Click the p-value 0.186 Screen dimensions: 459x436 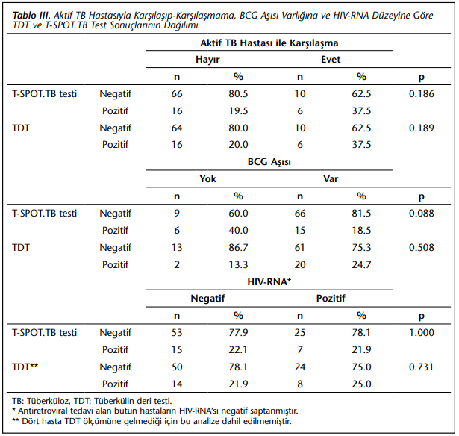click(421, 94)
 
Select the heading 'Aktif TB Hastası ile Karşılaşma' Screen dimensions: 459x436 click(269, 43)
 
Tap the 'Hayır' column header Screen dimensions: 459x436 click(207, 60)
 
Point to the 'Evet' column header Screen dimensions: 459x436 click(331, 60)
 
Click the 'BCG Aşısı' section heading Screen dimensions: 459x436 click(269, 162)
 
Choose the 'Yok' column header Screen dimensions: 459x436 click(207, 178)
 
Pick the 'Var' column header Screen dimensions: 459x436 click(331, 178)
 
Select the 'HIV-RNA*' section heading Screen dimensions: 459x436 click(269, 281)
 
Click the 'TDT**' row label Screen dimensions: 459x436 click(25, 367)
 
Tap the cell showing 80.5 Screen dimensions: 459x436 click(238, 94)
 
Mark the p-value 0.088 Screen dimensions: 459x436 click(421, 214)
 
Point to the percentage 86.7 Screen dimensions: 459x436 click(238, 247)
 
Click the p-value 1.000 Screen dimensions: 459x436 click(421, 333)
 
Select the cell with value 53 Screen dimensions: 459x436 click(177, 333)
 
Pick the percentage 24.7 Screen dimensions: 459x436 click(361, 265)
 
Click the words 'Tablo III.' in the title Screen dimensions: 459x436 click(31, 15)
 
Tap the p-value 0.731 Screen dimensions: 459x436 click(421, 367)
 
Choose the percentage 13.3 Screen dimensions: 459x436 click(238, 265)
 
